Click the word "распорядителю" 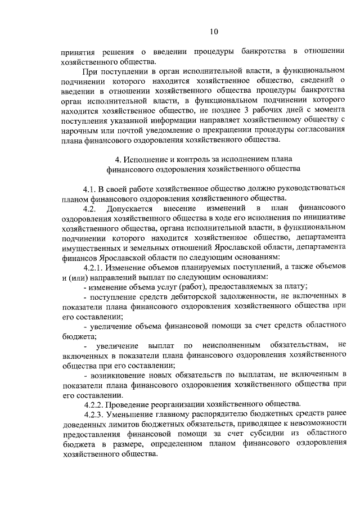click(x=197, y=415)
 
